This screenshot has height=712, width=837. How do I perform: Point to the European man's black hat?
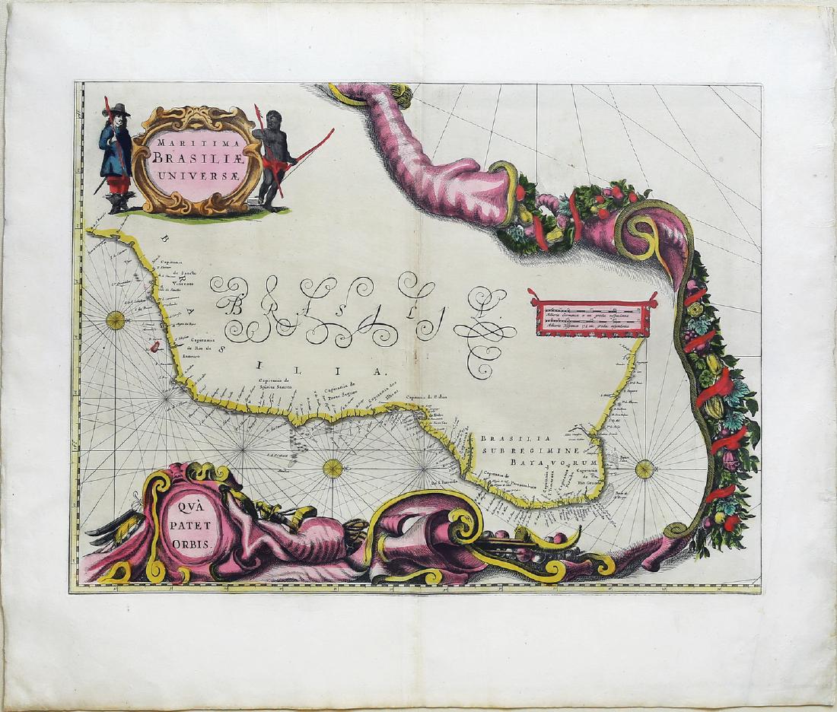tap(119, 109)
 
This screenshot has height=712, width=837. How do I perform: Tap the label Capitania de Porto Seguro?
tap(342, 393)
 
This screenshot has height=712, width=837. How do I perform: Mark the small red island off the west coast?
tap(155, 348)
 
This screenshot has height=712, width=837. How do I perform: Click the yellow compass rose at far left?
tap(116, 320)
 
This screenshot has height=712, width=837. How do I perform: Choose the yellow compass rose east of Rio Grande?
tap(644, 469)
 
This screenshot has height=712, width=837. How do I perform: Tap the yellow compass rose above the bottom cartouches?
tap(333, 469)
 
